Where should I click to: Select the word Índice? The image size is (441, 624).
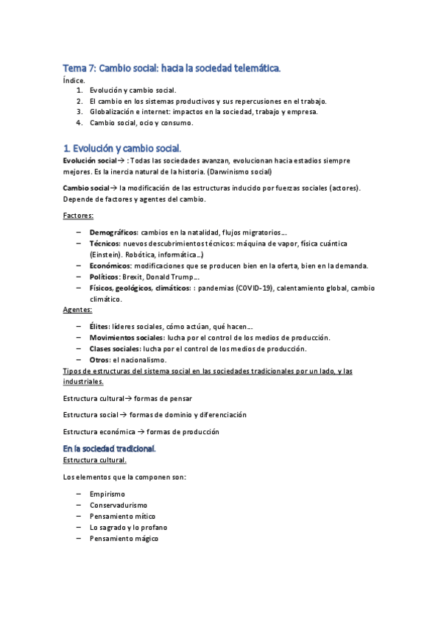(x=74, y=80)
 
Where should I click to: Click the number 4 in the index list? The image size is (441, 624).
(x=80, y=123)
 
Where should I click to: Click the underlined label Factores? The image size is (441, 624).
(x=77, y=216)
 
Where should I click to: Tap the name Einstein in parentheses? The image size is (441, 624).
(x=104, y=254)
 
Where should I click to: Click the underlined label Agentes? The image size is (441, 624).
(x=77, y=310)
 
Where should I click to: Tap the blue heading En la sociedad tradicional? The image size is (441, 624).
(x=109, y=448)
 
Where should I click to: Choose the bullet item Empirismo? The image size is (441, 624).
(x=107, y=494)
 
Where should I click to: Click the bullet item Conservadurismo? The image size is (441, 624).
(x=118, y=506)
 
